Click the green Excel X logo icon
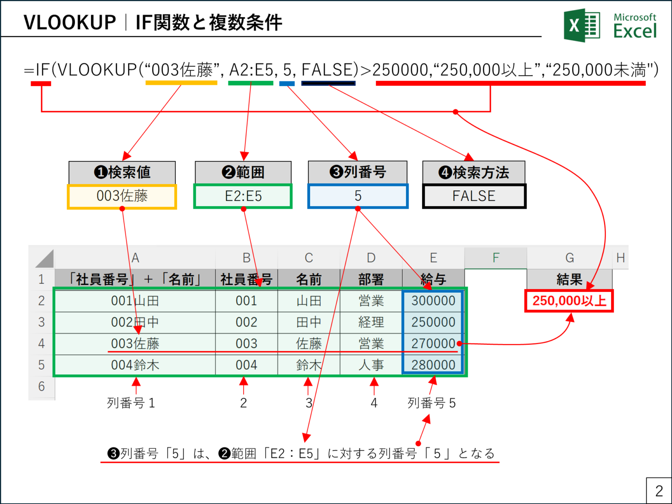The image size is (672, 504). pos(581,25)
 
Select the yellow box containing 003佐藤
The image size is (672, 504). pos(122,196)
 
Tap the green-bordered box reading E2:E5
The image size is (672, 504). pos(243,196)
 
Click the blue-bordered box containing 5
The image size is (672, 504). pos(358,196)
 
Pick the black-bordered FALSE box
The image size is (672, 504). pos(474,196)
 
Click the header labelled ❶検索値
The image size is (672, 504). pos(122,172)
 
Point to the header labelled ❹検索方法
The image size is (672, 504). pos(474,172)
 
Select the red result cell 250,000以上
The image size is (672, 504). pos(569,301)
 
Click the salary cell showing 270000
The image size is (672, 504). pos(433,344)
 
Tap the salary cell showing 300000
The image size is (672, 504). pos(433,301)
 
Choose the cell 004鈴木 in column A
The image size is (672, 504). pos(135,365)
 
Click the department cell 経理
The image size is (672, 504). pos(371,322)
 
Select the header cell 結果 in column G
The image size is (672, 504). pos(569,279)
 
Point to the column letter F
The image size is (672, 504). pos(496,258)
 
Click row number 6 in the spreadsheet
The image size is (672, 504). pos(42,387)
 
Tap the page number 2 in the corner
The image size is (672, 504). pos(659,491)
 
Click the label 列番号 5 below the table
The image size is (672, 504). pos(431,403)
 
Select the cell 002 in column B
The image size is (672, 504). pos(246,322)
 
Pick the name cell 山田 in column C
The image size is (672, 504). pos(309,301)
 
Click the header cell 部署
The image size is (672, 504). pos(371,279)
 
